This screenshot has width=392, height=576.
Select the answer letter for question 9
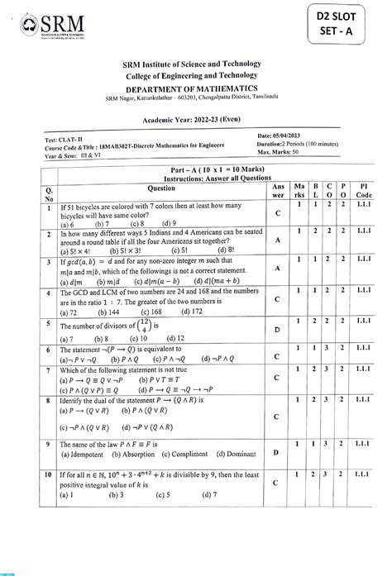pyautogui.click(x=277, y=454)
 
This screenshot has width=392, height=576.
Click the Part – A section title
pyautogui.click(x=195, y=169)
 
